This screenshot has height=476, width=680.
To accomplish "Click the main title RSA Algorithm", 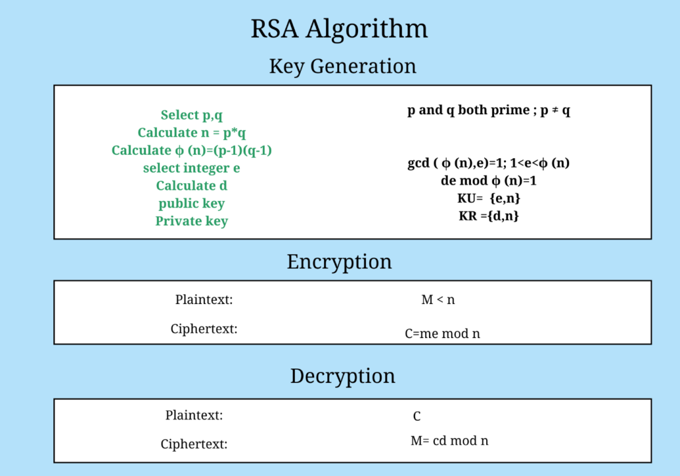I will coord(339,30).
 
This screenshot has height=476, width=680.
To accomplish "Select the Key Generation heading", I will coord(343,66).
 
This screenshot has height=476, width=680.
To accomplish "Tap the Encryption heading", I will coord(339,262).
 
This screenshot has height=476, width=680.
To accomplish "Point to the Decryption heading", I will coord(343,376).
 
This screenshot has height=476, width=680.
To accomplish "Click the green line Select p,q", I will coord(191,116).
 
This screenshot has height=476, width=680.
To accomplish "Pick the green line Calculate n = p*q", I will coord(192,133).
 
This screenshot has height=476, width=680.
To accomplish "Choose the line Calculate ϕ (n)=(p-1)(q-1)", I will coord(192,151).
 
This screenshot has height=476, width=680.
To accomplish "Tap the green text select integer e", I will coord(192,168).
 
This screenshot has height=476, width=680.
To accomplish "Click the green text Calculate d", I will coord(192,186).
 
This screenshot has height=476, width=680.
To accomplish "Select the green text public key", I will coord(192,203).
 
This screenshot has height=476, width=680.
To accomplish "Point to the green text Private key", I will coord(192,221).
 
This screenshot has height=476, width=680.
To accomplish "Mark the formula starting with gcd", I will coord(489,163).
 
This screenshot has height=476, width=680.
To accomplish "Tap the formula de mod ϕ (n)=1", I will coord(489,181).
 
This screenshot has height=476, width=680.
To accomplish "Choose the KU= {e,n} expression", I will coord(489,198).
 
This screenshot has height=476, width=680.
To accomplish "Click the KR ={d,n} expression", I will coord(489,215).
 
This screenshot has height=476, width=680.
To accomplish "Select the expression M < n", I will coord(438,300).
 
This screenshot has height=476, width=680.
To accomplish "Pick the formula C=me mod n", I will coord(442,334).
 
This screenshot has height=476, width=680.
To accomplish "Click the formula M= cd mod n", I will coord(450,440).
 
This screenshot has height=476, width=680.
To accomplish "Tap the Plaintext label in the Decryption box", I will coord(194,416).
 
